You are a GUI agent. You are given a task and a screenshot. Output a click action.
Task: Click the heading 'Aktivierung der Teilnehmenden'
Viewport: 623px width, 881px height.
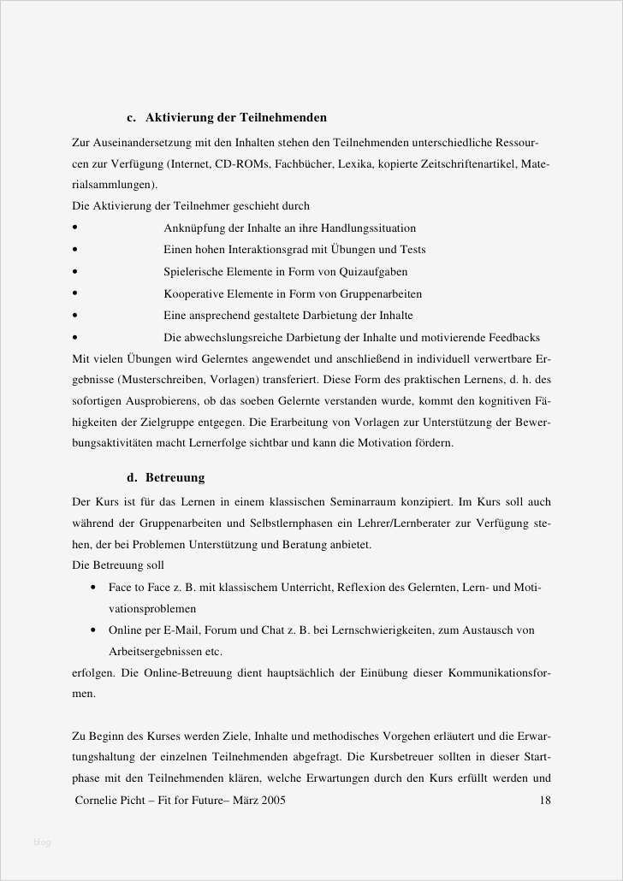pos(235,117)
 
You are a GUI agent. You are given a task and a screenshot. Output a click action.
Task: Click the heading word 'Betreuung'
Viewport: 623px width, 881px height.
pos(175,477)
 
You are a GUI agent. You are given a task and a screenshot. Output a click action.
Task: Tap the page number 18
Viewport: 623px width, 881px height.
pos(545,801)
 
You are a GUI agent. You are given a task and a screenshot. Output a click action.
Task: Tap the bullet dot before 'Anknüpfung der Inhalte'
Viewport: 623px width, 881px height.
pos(76,228)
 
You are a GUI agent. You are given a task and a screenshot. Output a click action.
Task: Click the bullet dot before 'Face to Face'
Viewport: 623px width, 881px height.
pos(92,588)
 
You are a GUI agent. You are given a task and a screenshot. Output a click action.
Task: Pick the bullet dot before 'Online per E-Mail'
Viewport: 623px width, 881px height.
pos(92,630)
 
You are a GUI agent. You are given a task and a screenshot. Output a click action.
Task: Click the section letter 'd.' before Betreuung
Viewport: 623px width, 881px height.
pos(132,477)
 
